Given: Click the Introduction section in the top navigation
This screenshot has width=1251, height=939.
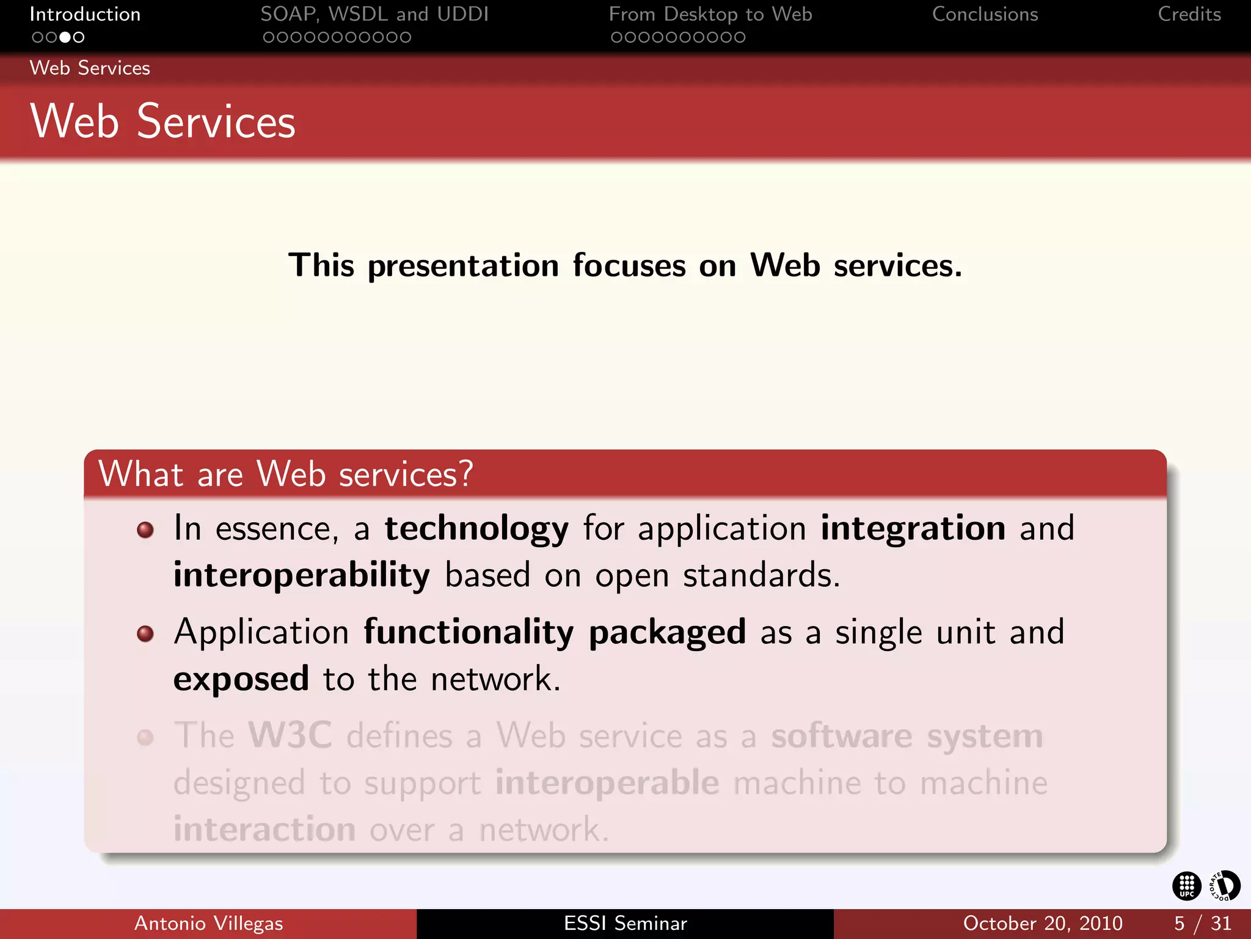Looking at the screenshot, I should click(85, 14).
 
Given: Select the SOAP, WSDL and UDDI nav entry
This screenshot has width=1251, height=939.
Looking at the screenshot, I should click(374, 14).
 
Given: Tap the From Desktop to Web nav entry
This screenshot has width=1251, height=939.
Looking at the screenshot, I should click(710, 14).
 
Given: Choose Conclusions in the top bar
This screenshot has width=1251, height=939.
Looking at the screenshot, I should click(985, 14).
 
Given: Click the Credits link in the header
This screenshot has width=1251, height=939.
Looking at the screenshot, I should click(1189, 14).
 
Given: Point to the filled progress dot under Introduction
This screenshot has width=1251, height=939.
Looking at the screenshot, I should click(65, 37).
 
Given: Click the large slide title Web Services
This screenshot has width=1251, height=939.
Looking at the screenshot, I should click(162, 122).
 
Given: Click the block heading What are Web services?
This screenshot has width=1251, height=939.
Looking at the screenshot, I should click(285, 474).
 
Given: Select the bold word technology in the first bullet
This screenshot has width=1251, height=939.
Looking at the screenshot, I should click(476, 528).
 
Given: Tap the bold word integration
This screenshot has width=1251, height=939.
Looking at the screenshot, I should click(913, 528).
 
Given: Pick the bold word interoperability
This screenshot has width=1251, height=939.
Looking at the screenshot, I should click(301, 575).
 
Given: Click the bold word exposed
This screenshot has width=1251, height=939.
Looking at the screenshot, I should click(241, 679).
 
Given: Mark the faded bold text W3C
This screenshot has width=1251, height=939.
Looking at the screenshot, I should click(290, 735).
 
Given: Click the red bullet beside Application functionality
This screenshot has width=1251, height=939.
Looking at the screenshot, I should click(145, 633).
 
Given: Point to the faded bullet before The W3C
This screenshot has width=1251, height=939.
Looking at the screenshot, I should click(145, 737).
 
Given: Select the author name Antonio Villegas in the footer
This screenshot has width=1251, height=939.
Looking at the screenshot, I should click(208, 923).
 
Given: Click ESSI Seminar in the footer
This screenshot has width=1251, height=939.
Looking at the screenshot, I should click(625, 923).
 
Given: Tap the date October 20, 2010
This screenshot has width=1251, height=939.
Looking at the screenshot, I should click(1042, 923).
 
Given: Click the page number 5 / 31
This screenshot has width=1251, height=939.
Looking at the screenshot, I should click(1202, 923).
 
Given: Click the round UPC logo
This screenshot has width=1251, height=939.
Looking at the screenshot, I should click(1186, 886).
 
